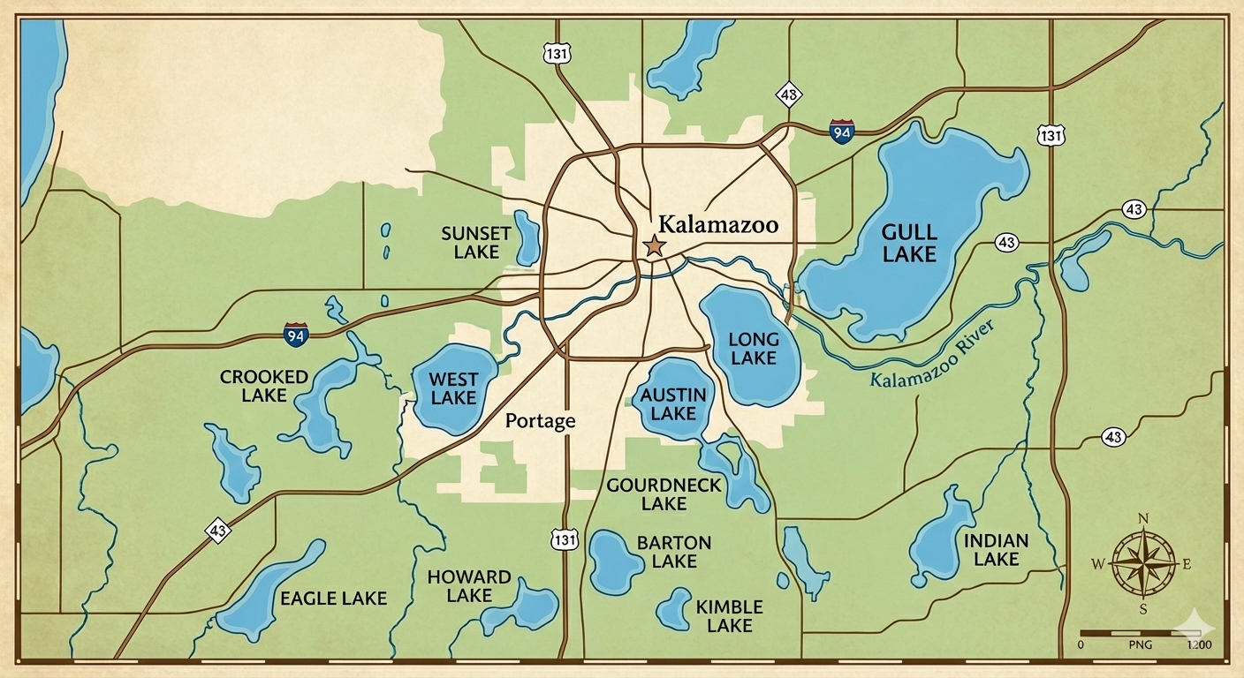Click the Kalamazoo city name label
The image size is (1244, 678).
tap(718, 224)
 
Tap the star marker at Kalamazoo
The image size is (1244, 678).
tap(654, 245)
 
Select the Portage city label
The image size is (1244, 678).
tap(540, 421)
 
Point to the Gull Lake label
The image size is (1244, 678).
tap(909, 243)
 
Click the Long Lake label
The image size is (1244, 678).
tap(754, 349)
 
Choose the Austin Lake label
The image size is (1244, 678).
tap(673, 403)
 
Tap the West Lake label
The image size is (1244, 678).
tap(453, 388)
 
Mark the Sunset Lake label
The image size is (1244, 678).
tap(476, 243)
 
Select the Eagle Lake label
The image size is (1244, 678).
tap(333, 599)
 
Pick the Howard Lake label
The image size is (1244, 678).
tap(469, 586)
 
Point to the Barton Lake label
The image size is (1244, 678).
tap(674, 552)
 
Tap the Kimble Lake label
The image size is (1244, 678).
tap(729, 616)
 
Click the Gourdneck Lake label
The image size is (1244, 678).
tap(664, 494)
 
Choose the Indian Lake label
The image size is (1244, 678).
tap(996, 549)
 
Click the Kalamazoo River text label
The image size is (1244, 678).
tap(933, 355)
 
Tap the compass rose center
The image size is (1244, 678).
tap(1143, 562)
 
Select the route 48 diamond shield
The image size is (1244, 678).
tap(788, 94)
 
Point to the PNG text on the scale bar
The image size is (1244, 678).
tap(1142, 646)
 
